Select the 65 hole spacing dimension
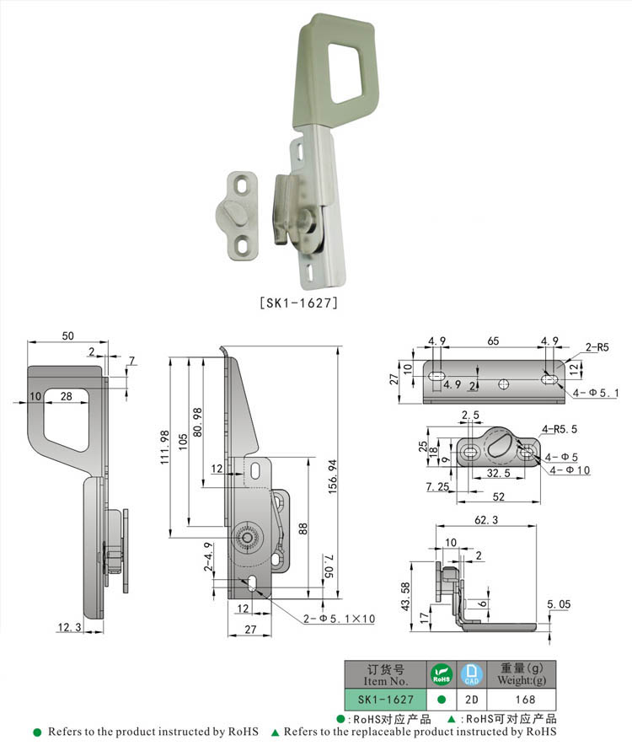492,341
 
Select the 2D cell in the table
471,700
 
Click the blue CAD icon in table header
471,673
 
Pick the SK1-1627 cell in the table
386,700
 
